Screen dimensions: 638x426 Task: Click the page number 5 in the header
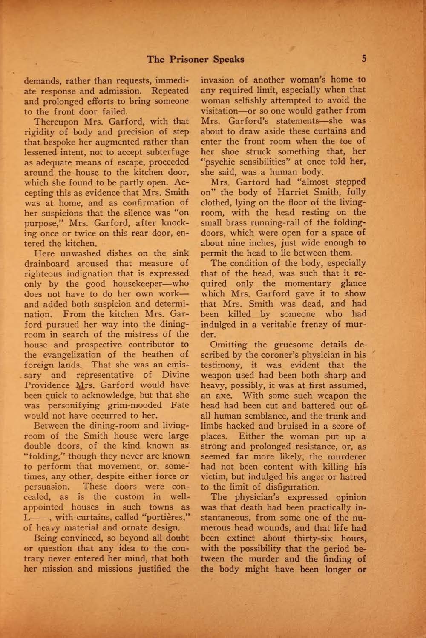[x=363, y=59]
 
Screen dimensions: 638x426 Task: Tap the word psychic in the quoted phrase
[x=217, y=162]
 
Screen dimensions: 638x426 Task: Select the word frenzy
[x=324, y=324]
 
